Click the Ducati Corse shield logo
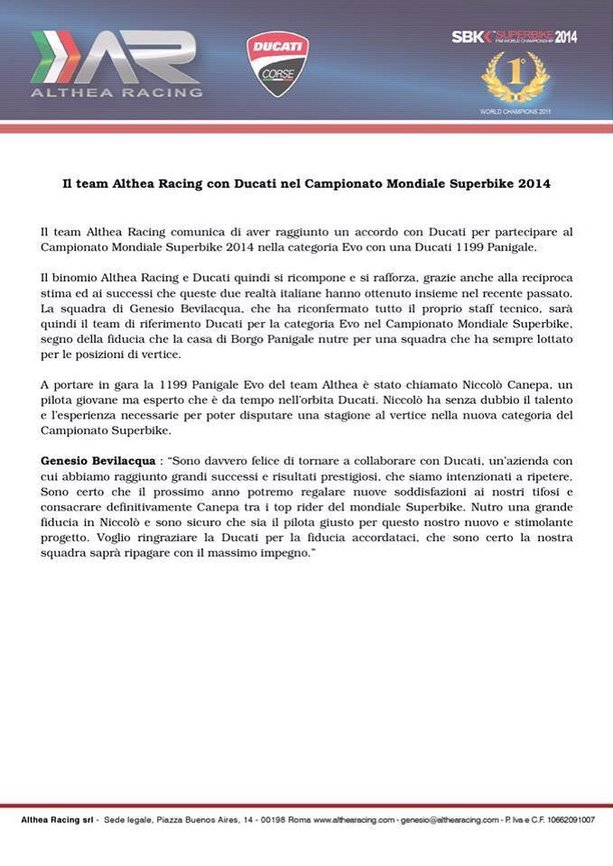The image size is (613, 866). [x=278, y=63]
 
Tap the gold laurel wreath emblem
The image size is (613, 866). [x=515, y=78]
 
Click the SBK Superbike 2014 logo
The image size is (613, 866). [x=514, y=36]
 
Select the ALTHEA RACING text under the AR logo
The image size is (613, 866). [x=116, y=91]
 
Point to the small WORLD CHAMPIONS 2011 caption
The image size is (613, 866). [x=515, y=112]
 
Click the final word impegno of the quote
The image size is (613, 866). [x=285, y=552]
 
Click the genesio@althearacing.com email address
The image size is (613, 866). [x=450, y=820]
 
